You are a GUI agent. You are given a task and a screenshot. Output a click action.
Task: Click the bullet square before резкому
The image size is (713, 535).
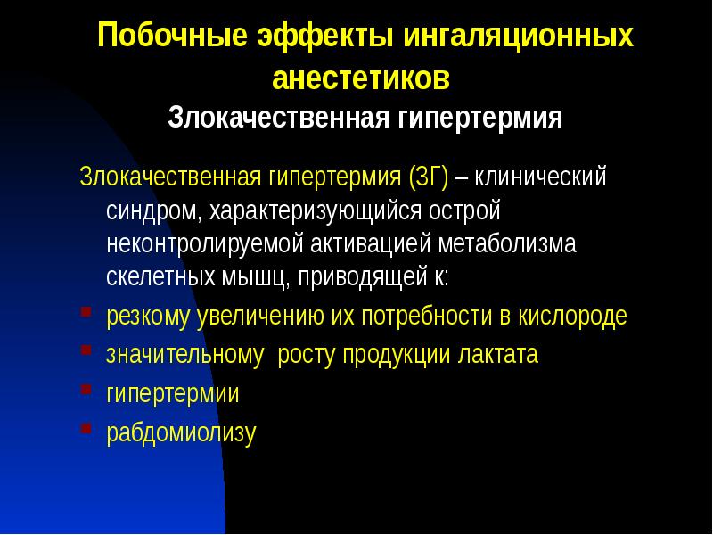(x=85, y=313)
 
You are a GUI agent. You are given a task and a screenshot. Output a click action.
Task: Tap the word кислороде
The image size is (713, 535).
(x=576, y=316)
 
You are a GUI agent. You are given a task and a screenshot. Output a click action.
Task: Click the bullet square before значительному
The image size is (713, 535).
(x=85, y=351)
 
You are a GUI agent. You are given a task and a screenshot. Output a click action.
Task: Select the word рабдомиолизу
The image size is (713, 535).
(x=181, y=432)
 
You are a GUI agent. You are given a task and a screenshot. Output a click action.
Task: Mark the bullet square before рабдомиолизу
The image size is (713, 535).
(x=85, y=429)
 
